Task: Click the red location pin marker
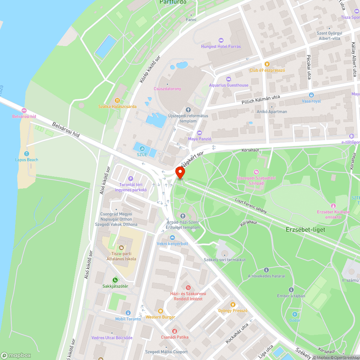coord(180,172)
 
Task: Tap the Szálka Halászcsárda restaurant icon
coord(117,100)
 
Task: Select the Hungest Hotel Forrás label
coord(221,46)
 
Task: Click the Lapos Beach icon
coord(27,154)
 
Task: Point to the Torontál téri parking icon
coord(131,179)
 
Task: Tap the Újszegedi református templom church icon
coord(188,109)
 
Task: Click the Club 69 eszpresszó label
coord(267,70)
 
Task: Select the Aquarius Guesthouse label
coord(229,85)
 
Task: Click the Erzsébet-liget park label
coord(300,229)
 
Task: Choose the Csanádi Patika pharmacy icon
coord(175,331)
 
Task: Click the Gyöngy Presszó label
coord(233,310)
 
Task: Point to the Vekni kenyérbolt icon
coord(172,238)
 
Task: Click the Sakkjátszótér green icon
coord(115,280)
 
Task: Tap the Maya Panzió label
coord(199,139)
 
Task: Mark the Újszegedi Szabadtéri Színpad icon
coord(256,172)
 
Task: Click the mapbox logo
coord(16,355)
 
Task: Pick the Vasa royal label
coord(311,101)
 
